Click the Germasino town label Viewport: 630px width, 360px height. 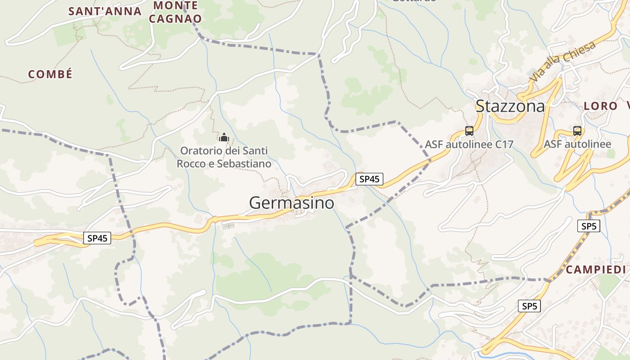tap(292, 203)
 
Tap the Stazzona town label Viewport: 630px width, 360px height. tap(510, 106)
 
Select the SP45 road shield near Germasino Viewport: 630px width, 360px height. tap(369, 179)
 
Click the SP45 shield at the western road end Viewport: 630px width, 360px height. tap(97, 238)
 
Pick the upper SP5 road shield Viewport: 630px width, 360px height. tap(589, 226)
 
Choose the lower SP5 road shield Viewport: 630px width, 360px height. tap(529, 306)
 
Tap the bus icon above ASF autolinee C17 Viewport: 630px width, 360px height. tap(469, 131)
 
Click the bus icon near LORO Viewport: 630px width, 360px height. tap(577, 131)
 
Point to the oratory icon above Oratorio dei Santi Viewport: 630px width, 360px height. tap(224, 137)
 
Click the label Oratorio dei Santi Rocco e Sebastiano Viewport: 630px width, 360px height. tap(224, 157)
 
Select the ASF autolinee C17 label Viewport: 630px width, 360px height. tap(469, 144)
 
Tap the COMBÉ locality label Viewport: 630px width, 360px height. tap(50, 75)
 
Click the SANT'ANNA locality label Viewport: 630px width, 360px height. tap(105, 11)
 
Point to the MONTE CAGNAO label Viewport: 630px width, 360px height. tap(175, 12)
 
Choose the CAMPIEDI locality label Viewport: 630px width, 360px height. tap(596, 270)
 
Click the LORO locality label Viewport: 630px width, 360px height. tap(600, 107)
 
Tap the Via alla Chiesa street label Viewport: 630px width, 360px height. tap(562, 61)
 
